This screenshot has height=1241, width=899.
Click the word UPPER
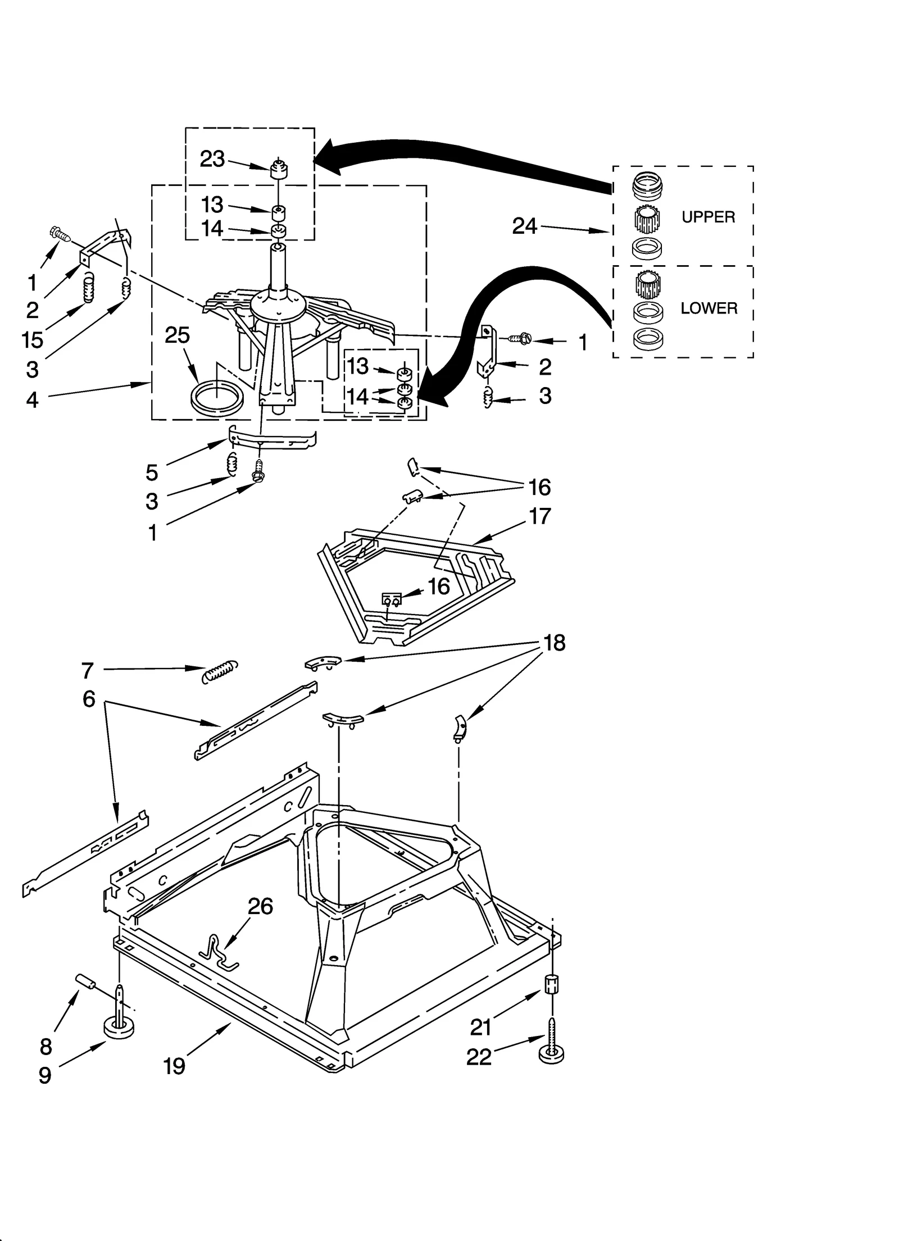pos(708,217)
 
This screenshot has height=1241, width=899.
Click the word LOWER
pos(709,308)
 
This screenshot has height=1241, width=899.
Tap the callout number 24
pos(525,226)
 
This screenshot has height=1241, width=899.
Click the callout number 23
pos(212,159)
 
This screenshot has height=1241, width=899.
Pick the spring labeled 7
pos(220,670)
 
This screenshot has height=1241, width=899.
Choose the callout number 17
pos(539,516)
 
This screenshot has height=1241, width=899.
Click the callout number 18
pos(555,643)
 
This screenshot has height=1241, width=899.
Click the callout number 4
pos(32,399)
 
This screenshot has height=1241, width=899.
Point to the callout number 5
pos(152,472)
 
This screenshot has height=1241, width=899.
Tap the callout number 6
pos(89,699)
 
